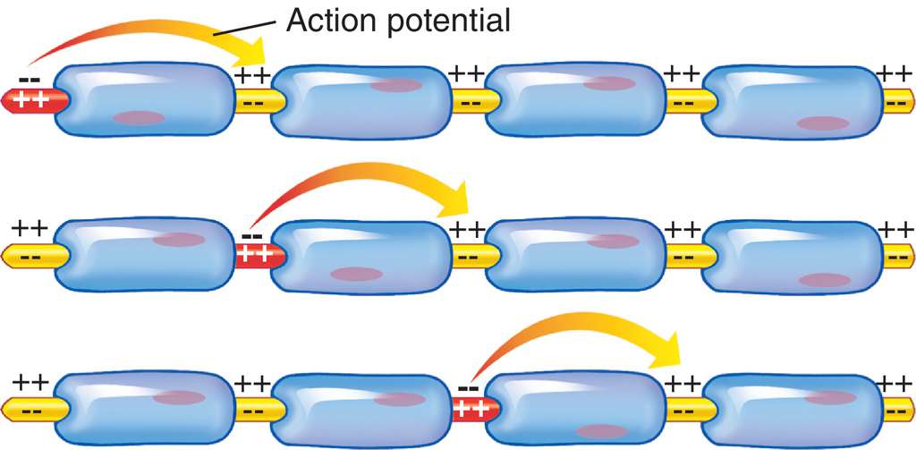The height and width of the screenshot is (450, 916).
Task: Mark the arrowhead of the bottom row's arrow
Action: pos(666,352)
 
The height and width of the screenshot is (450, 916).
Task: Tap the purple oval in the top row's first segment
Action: pos(140,117)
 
